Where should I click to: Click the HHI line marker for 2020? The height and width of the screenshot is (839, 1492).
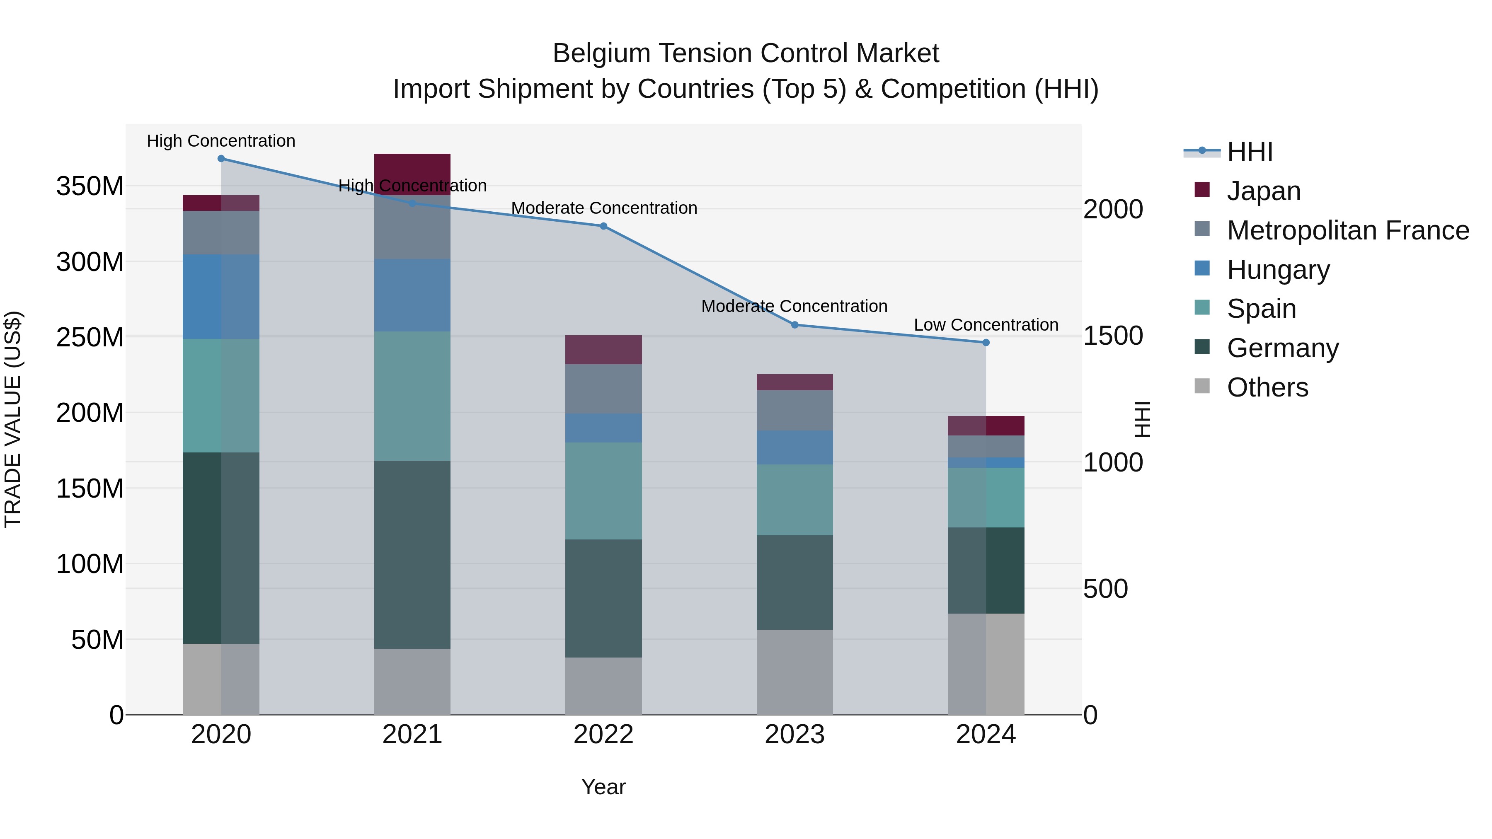(221, 159)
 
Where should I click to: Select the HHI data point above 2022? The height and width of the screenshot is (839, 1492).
(603, 226)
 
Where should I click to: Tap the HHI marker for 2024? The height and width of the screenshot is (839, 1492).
(986, 343)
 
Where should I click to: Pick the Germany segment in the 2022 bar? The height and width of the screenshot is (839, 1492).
(603, 598)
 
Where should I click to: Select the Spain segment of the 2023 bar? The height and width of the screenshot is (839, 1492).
(794, 500)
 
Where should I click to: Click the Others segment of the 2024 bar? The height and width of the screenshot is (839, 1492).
(986, 664)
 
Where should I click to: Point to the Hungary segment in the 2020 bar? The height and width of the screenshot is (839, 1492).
(221, 297)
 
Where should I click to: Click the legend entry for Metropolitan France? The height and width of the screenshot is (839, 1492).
(1347, 230)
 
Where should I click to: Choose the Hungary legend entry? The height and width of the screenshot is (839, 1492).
(1278, 270)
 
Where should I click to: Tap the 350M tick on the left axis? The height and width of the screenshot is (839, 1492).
(90, 186)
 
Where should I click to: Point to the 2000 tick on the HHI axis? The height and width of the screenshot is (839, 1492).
(1113, 210)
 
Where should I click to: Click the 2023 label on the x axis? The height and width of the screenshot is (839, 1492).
(794, 735)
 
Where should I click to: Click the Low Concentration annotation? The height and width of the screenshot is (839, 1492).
(986, 325)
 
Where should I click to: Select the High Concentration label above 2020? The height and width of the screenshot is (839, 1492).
(221, 141)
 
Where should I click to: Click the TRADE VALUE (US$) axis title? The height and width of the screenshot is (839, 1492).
(13, 419)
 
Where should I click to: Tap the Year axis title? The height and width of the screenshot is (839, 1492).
(603, 787)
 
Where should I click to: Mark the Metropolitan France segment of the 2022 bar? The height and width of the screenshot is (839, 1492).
(603, 389)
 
